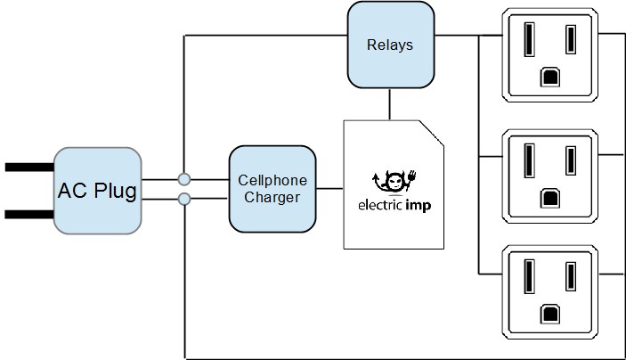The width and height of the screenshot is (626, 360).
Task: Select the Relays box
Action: (x=389, y=45)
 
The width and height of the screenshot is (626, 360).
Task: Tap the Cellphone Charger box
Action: (x=272, y=189)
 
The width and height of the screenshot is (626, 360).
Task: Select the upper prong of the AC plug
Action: (x=28, y=167)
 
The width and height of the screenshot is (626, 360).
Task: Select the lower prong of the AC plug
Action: (x=28, y=214)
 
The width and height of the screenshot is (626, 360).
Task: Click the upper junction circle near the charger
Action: (x=184, y=179)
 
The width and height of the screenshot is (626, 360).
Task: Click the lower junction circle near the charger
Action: (x=184, y=198)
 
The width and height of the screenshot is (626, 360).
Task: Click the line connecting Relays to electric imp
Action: (x=389, y=103)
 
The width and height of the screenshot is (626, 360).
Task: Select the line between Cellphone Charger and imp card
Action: (x=329, y=189)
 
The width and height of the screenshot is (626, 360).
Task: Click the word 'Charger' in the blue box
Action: (x=272, y=198)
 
